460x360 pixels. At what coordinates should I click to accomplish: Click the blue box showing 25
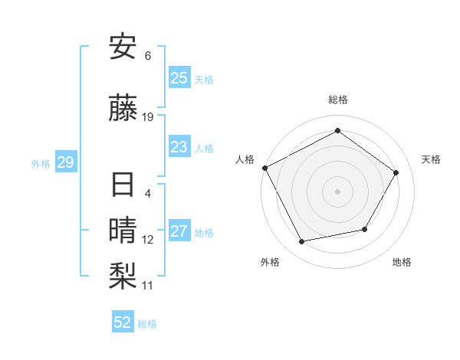(x=179, y=77)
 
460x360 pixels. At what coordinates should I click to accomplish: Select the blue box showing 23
(x=179, y=147)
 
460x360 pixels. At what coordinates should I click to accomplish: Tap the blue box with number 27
(x=179, y=231)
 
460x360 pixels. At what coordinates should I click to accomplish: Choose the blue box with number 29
(x=65, y=162)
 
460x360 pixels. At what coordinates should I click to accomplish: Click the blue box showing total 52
(x=122, y=322)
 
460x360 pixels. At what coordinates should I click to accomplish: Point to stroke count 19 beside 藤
(x=148, y=117)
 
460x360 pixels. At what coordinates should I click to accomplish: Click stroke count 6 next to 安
(x=148, y=56)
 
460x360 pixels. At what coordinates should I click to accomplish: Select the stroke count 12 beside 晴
(x=148, y=240)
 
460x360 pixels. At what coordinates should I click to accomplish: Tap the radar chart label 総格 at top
(x=337, y=100)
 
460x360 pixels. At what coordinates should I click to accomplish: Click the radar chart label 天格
(x=431, y=159)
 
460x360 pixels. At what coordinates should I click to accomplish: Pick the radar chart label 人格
(x=245, y=159)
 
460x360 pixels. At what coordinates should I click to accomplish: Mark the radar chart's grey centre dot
(x=337, y=191)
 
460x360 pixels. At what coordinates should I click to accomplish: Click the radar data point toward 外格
(x=302, y=242)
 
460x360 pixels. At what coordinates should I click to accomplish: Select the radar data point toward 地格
(x=365, y=229)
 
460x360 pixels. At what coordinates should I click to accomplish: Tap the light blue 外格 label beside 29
(x=41, y=163)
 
